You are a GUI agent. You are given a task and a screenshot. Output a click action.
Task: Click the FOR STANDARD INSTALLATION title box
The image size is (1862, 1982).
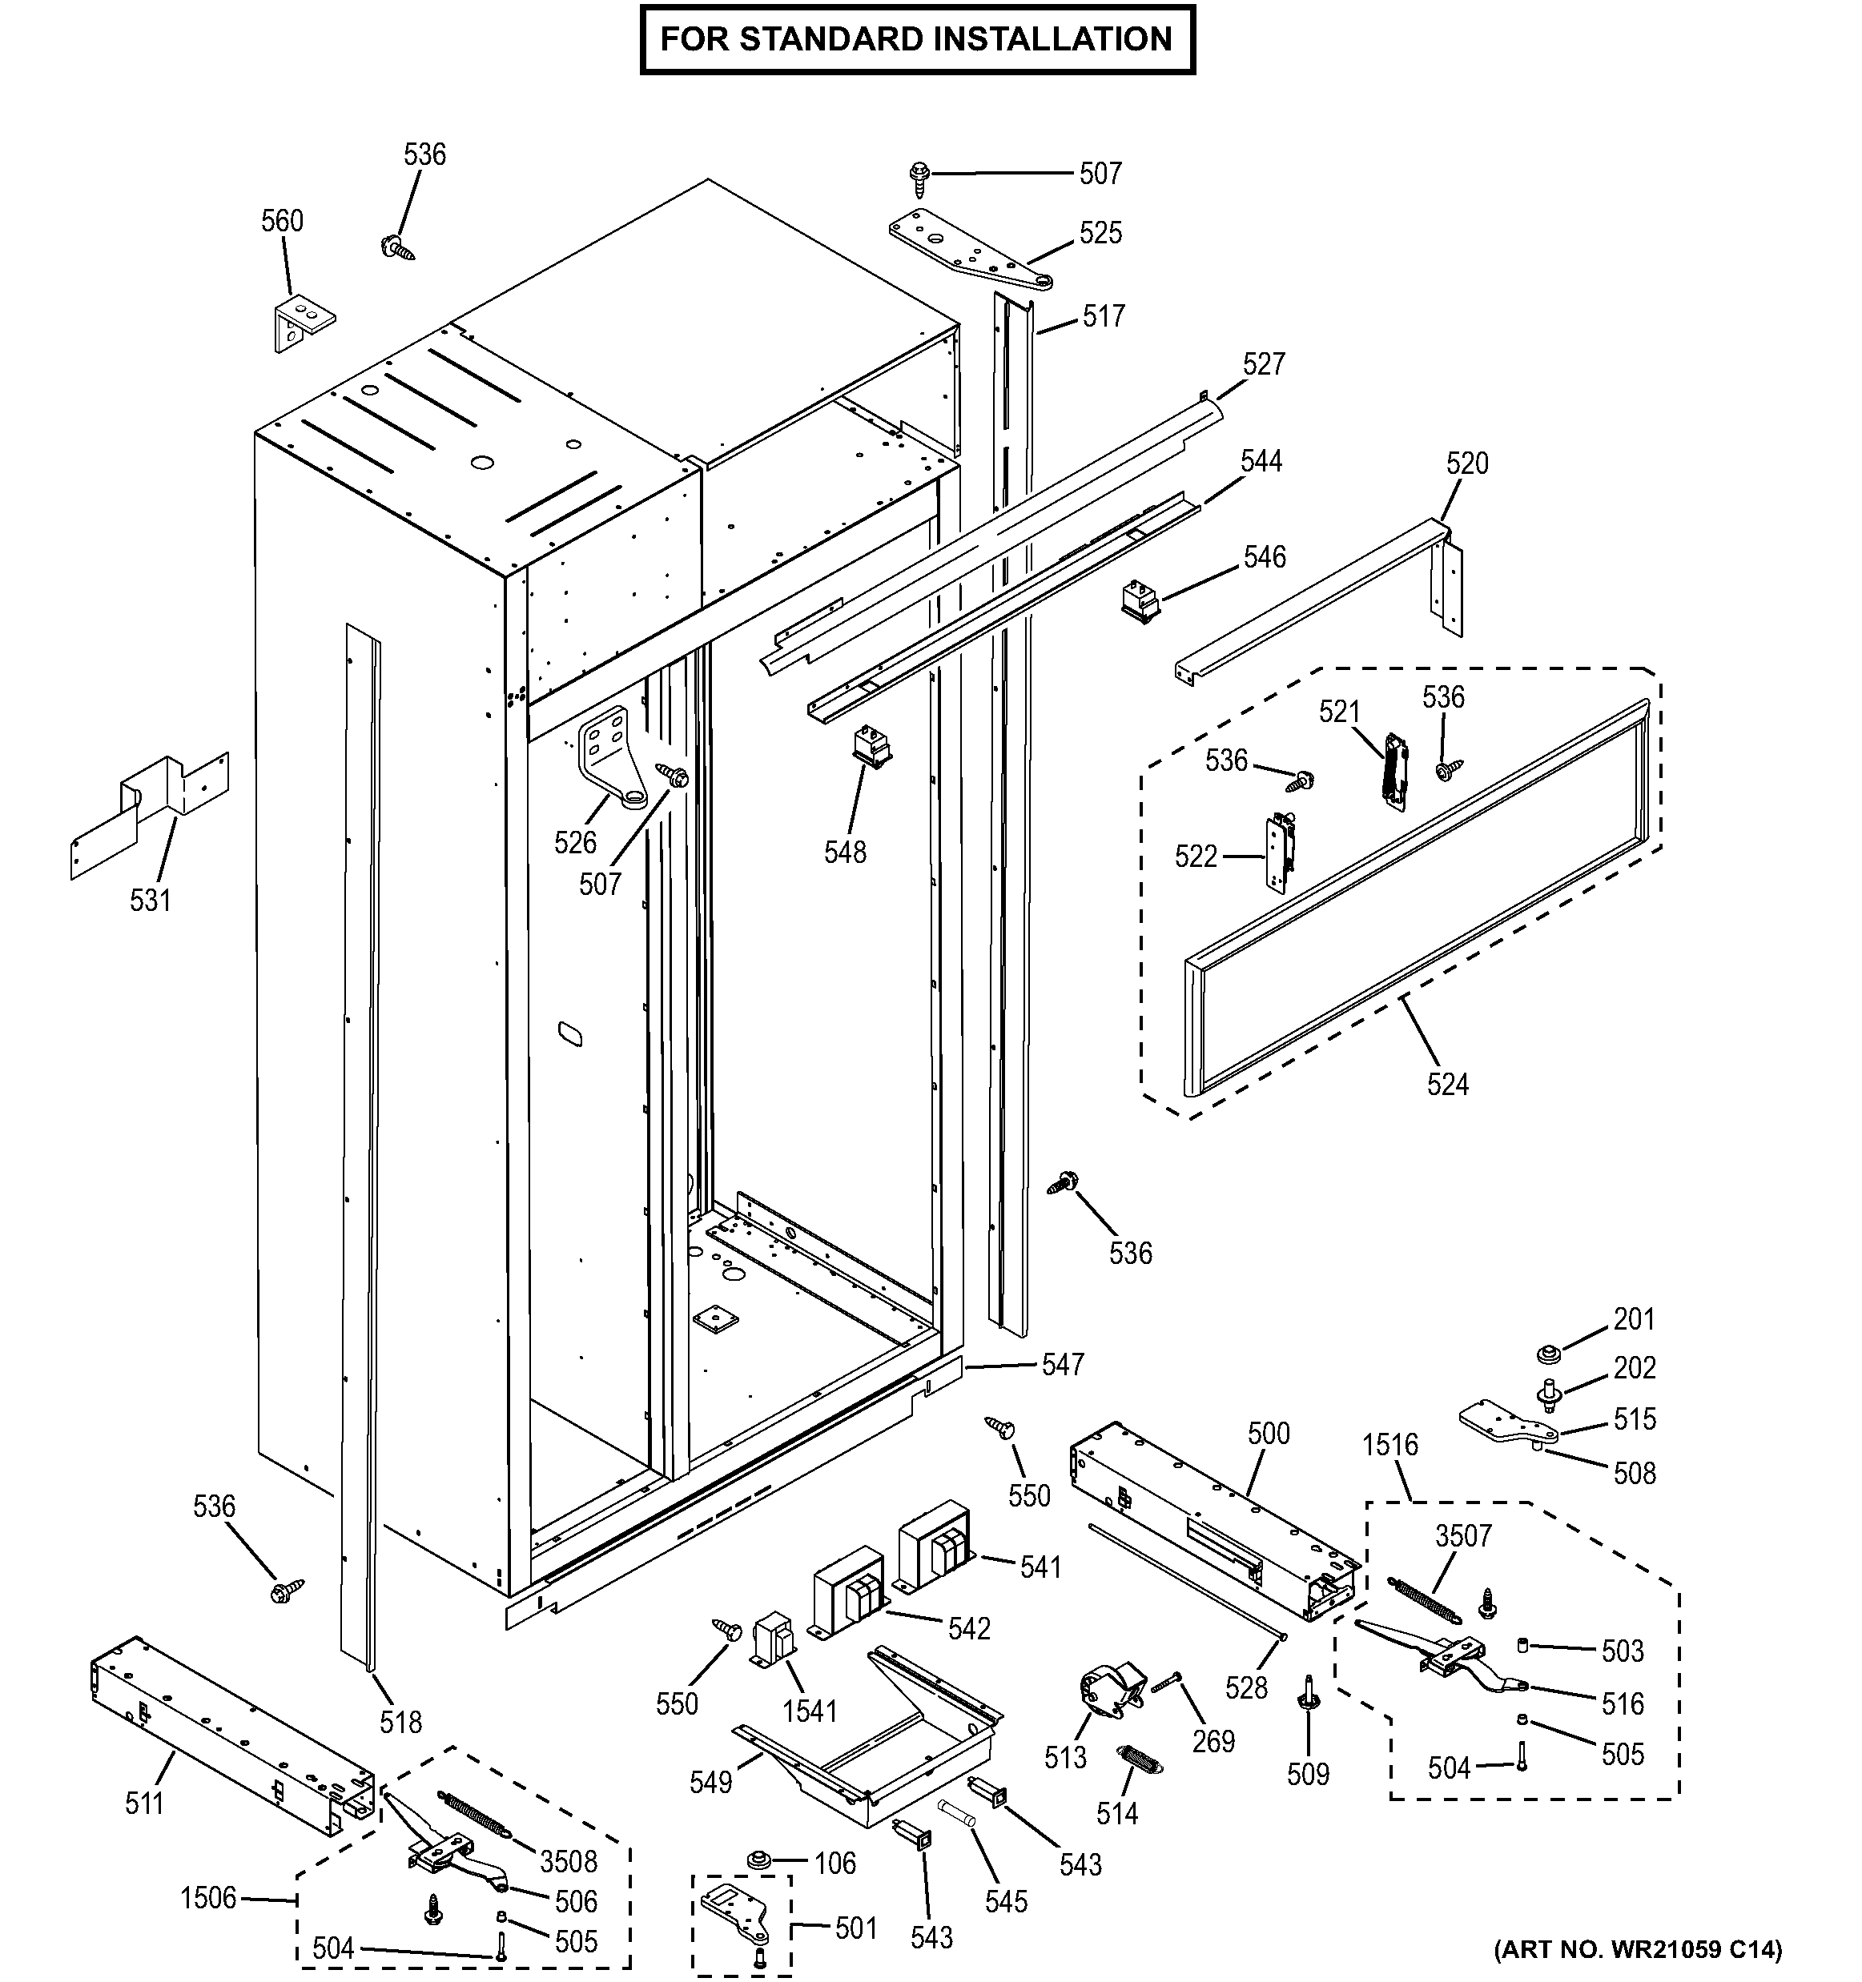(x=916, y=39)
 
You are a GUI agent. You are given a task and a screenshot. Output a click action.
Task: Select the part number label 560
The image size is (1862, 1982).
(x=282, y=220)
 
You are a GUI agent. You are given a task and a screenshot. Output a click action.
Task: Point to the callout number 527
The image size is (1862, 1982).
(x=1264, y=364)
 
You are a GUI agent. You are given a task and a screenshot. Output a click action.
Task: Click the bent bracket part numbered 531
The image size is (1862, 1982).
(x=150, y=812)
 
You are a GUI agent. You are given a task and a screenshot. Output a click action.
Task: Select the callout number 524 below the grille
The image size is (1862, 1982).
(x=1447, y=1084)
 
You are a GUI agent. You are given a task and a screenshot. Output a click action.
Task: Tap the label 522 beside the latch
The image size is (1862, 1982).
(x=1196, y=857)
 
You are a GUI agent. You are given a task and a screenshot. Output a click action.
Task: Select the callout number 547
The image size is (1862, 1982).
(x=1064, y=1365)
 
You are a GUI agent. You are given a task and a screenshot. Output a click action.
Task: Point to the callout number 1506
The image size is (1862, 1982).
(x=208, y=1897)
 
